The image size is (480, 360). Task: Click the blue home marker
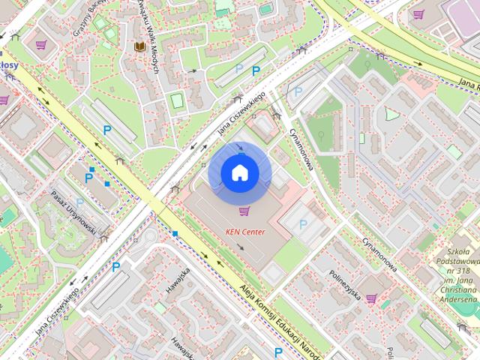pos(239,173)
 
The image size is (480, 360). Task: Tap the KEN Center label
pos(245,232)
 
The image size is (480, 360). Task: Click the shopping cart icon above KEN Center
pos(242,211)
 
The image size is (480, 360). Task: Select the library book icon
pos(139,47)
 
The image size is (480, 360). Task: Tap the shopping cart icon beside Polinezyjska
pos(370,298)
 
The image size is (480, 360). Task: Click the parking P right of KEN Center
pos(303,224)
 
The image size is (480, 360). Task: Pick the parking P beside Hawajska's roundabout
pos(116,266)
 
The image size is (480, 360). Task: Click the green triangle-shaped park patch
pos(391,115)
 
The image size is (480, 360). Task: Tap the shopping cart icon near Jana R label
pos(418,13)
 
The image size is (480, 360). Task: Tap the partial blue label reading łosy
pos(9,66)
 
